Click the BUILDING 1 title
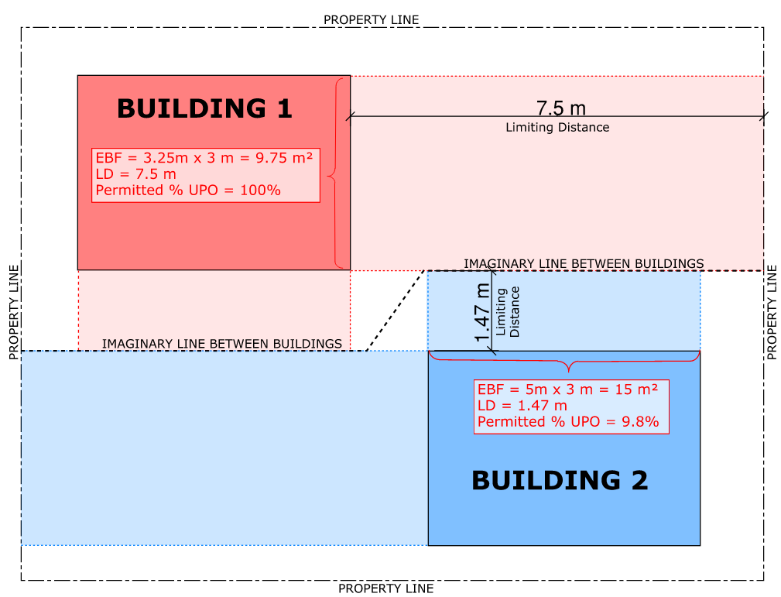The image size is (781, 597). tap(204, 108)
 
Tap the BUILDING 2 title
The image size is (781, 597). tap(560, 481)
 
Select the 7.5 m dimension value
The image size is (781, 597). tap(556, 108)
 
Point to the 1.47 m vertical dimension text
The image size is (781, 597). tap(483, 314)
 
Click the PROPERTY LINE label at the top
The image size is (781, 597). tap(371, 19)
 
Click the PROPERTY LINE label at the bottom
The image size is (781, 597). tap(385, 588)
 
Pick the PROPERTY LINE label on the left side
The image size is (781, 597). tap(13, 312)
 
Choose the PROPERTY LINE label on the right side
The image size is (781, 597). tap(772, 312)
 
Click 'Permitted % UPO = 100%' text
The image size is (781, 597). tap(188, 190)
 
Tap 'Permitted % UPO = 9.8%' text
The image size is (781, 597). tap(568, 422)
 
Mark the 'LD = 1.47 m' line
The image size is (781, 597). tap(522, 406)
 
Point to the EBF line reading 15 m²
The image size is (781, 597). tap(567, 389)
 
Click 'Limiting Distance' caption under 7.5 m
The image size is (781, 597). tap(557, 127)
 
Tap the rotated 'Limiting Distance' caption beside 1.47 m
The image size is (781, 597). tap(509, 311)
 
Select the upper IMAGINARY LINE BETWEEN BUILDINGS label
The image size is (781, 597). tap(584, 263)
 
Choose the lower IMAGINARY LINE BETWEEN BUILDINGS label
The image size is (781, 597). tap(222, 343)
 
